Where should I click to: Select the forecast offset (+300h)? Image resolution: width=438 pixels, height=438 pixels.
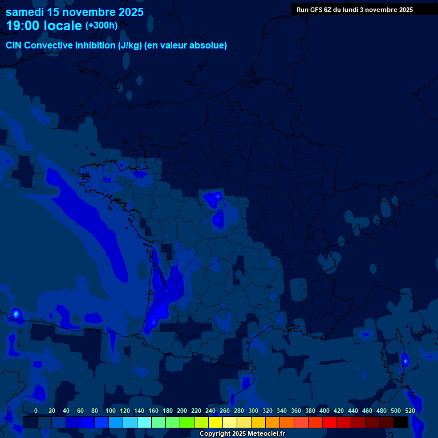click(x=102, y=26)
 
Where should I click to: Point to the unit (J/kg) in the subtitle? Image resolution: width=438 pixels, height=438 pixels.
click(x=131, y=46)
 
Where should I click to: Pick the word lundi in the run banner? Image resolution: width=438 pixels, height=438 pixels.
click(x=350, y=10)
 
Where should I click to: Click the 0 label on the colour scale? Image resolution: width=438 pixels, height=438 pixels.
click(x=36, y=411)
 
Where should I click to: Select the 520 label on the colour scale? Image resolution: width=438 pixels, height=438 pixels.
click(x=409, y=411)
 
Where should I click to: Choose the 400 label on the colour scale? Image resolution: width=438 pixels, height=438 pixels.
click(x=325, y=411)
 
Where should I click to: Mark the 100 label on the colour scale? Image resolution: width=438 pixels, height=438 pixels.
click(x=111, y=411)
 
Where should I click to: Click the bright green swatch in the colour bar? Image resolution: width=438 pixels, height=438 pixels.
click(x=186, y=422)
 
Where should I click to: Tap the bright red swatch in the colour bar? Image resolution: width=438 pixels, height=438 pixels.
click(x=329, y=422)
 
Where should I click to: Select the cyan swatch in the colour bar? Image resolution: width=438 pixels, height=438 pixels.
click(x=144, y=422)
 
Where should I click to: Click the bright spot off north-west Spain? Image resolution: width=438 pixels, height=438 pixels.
click(x=16, y=313)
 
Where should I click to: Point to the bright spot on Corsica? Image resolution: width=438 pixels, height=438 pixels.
click(x=405, y=360)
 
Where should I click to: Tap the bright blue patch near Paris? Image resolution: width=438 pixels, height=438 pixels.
click(x=217, y=218)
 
